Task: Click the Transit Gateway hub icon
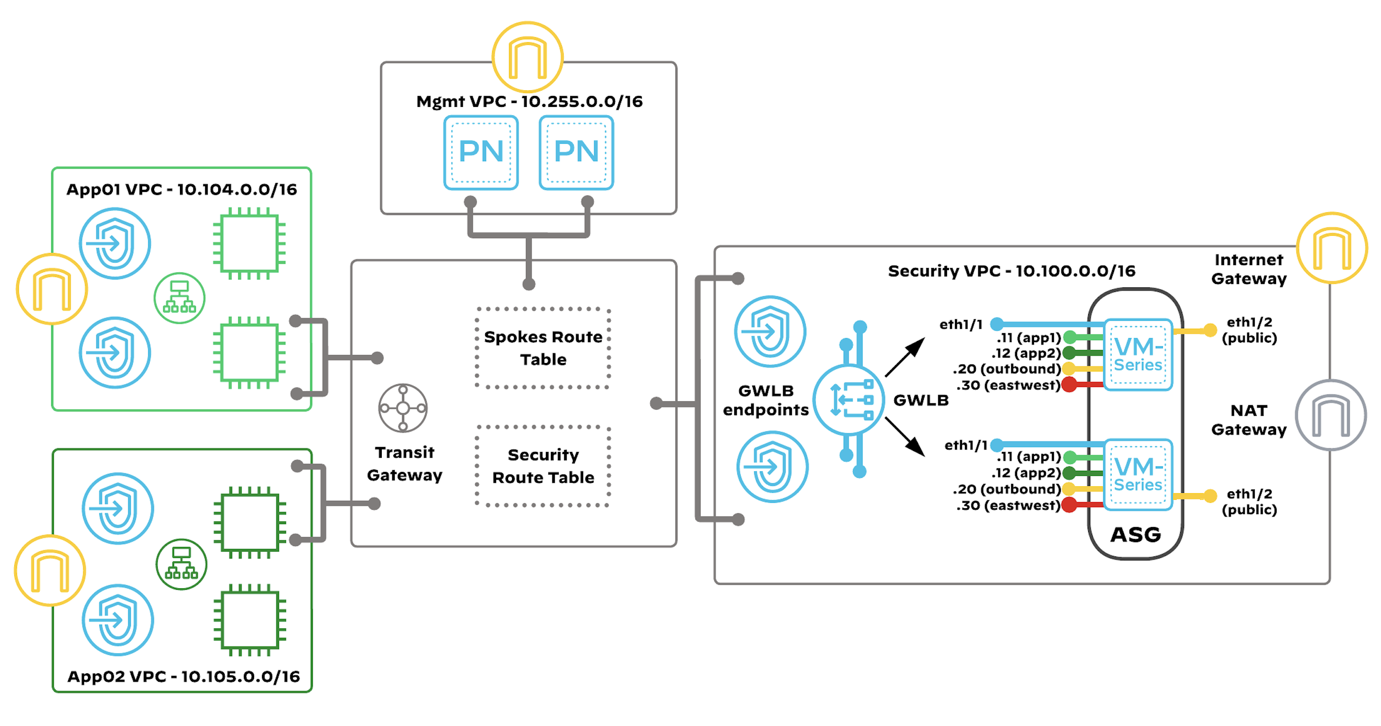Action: pos(403,408)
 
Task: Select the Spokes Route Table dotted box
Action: pos(543,348)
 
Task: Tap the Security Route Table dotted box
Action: pos(543,465)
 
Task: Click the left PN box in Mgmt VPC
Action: pos(481,153)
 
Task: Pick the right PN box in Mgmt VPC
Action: pos(576,153)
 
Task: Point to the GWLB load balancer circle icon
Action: pos(849,399)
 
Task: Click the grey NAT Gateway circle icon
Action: pos(1331,415)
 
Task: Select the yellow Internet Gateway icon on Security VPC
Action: pos(1332,248)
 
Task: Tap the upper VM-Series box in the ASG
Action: pos(1138,355)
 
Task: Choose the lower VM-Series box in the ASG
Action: pos(1138,474)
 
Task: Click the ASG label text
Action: pos(1135,535)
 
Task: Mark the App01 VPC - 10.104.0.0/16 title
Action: pos(182,189)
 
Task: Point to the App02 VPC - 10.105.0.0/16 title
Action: pos(183,676)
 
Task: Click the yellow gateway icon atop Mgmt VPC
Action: pos(527,57)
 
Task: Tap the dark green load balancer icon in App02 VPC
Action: pos(181,564)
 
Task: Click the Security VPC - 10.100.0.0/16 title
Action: pos(1011,271)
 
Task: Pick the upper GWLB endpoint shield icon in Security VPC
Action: pos(770,331)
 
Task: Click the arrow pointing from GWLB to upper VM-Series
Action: pos(905,357)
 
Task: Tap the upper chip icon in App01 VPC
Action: pos(249,244)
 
